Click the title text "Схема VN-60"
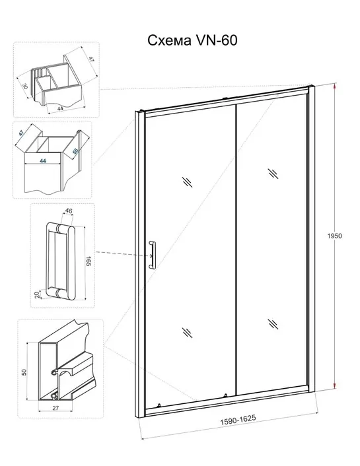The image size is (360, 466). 192,40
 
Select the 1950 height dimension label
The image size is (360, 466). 335,236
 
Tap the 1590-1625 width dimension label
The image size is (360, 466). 238,420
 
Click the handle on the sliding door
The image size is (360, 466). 152,255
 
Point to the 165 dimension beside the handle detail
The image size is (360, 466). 89,261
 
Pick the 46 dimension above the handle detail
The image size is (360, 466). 69,211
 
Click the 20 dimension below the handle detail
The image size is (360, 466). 37,295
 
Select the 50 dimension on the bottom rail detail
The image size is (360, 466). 24,372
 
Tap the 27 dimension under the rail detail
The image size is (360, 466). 55,408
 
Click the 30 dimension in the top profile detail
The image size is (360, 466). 25,86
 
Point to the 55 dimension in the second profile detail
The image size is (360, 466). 75,150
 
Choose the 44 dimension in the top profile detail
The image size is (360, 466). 60,108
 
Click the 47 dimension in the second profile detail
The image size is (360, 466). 21,133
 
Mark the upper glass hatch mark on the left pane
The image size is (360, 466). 188,182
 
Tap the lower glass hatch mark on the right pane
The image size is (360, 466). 273,324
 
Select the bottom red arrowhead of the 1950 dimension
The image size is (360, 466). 335,385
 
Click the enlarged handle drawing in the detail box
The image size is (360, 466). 61,261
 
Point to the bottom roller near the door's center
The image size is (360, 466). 225,395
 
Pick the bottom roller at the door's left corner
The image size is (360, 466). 159,405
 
